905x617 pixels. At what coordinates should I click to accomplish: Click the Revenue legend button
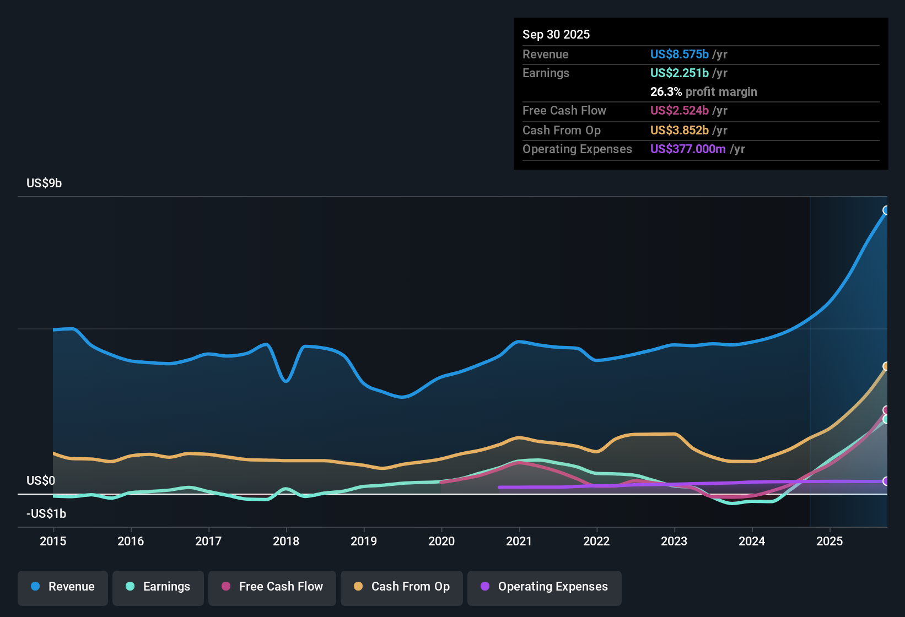click(63, 587)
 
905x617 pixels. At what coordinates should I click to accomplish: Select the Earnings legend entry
click(158, 587)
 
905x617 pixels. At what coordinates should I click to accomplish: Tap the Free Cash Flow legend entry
click(272, 587)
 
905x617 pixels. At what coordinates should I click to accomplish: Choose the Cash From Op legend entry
click(402, 587)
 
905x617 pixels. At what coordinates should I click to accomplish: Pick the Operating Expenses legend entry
click(545, 587)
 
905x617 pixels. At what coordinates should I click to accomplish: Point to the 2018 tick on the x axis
click(286, 541)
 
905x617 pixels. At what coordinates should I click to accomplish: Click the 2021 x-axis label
click(519, 541)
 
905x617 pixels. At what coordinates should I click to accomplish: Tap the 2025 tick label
click(829, 541)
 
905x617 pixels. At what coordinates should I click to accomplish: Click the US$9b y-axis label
click(44, 183)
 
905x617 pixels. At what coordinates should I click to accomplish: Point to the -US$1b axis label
click(46, 513)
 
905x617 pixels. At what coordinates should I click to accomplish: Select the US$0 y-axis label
click(41, 480)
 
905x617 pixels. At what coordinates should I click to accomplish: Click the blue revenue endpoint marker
click(886, 210)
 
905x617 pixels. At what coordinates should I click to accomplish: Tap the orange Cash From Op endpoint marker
click(886, 366)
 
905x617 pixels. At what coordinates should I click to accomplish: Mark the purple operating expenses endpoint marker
click(886, 481)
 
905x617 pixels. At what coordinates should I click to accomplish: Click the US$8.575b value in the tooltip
click(679, 54)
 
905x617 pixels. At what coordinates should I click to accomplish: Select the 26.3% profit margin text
click(703, 91)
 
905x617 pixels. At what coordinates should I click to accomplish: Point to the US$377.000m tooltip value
click(687, 149)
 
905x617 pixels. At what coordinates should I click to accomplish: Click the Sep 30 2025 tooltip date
click(556, 34)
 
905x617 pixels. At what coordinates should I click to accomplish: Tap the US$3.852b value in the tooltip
click(679, 130)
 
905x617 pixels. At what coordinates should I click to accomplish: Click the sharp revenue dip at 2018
click(285, 381)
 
